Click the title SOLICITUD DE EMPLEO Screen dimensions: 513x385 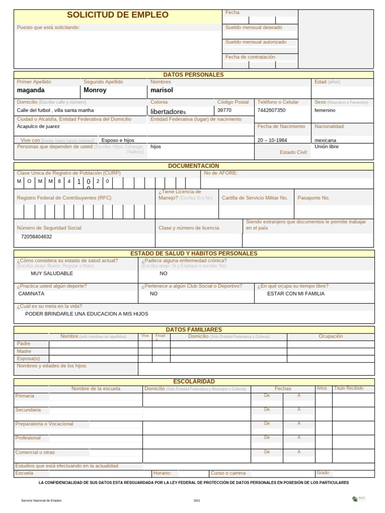click(118, 15)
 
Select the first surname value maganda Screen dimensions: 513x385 click(31, 90)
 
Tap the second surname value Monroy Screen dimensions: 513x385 click(95, 90)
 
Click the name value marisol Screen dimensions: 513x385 click(161, 90)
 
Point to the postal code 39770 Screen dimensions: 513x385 click(224, 110)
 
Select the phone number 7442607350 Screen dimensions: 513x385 click(271, 110)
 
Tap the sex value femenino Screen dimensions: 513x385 click(325, 110)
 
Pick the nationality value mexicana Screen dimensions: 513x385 click(325, 140)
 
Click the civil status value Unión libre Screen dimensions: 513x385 click(326, 147)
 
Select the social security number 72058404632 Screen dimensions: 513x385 click(36, 236)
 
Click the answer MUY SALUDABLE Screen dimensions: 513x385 click(52, 274)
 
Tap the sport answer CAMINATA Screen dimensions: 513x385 click(31, 294)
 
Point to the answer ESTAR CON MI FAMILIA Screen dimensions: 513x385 click(296, 294)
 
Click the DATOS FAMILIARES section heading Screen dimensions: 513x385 click(194, 330)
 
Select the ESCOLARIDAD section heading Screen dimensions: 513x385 click(194, 382)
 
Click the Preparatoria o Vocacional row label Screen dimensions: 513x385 click(44, 424)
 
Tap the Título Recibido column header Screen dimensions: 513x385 click(349, 388)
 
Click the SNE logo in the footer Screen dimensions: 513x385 click(358, 498)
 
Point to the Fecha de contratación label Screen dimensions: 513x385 click(250, 57)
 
